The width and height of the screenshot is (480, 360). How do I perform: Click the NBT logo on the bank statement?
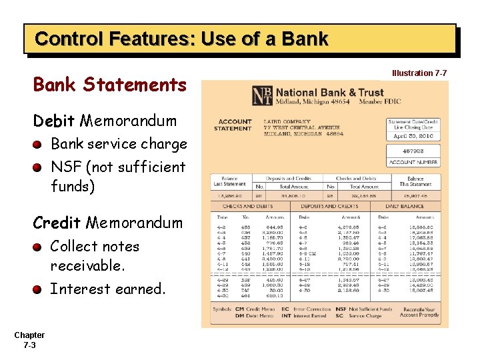pos(262,96)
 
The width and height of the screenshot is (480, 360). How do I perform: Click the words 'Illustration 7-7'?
pos(419,73)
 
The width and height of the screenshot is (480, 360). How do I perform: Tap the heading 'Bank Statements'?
pos(110,85)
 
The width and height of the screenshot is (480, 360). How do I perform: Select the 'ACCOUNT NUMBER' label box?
pos(413,162)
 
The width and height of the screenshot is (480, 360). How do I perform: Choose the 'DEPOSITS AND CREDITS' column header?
pos(330,205)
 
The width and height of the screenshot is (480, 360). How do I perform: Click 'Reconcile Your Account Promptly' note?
pos(419,312)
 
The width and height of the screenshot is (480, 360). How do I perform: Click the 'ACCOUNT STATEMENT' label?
pos(234,125)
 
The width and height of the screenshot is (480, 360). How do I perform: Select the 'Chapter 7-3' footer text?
pos(29,340)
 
